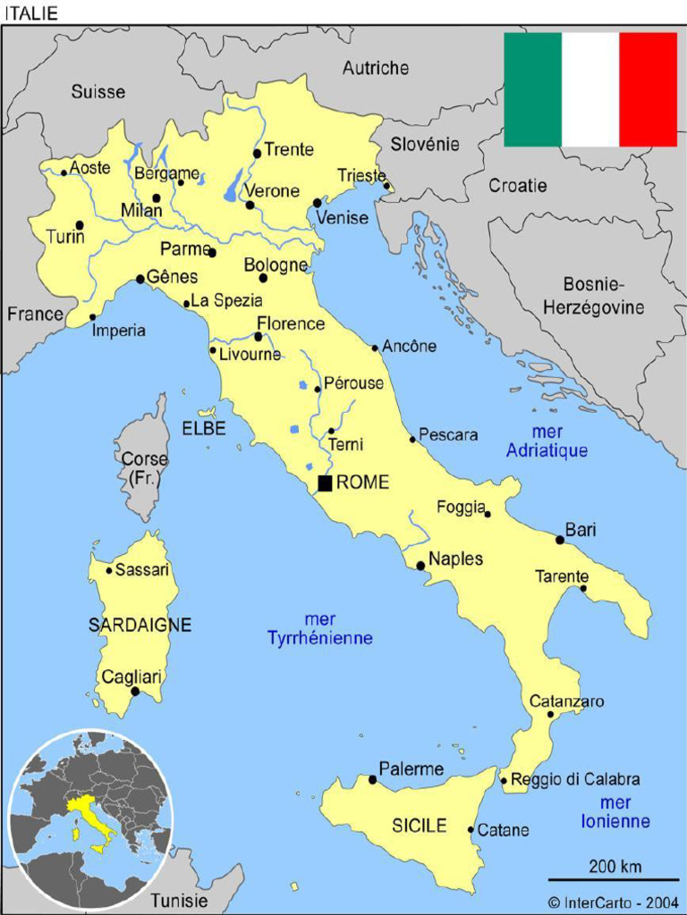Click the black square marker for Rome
[x=326, y=483]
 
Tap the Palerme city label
[x=411, y=768]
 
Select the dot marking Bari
[x=560, y=540]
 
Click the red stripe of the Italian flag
[x=649, y=89]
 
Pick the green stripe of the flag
[x=532, y=89]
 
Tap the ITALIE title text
[x=31, y=13]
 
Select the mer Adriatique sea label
[x=547, y=442]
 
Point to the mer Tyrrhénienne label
[x=319, y=629]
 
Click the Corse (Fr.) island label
[x=144, y=469]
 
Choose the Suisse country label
[x=98, y=91]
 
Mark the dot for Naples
[x=420, y=566]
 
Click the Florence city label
[x=291, y=323]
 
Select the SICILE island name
[x=420, y=827]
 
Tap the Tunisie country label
[x=179, y=900]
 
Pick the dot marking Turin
[x=80, y=225]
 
